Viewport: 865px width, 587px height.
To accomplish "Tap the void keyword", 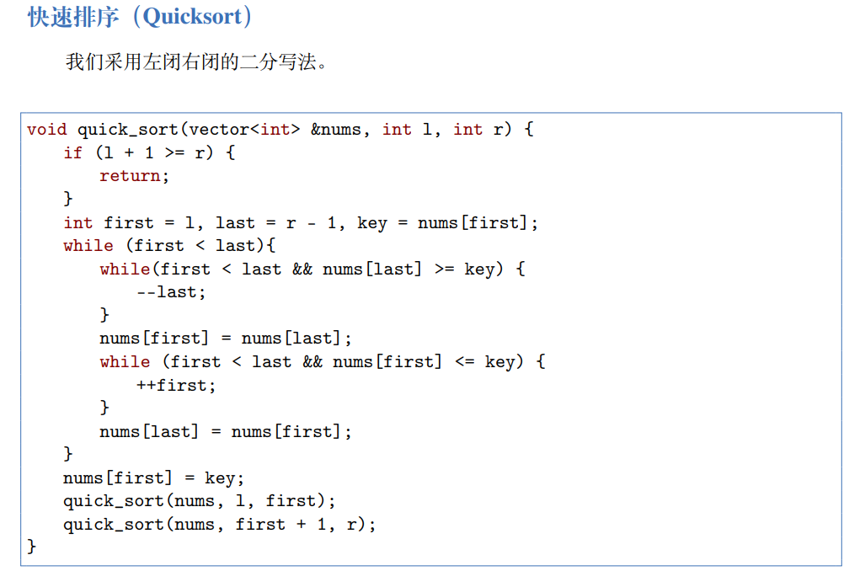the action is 46,130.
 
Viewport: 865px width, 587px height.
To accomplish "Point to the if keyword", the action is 73,153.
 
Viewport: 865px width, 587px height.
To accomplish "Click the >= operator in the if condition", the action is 168,153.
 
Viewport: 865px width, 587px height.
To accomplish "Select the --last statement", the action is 170,292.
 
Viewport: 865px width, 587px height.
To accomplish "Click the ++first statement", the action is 175,386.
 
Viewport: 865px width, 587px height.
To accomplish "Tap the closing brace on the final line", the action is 32,547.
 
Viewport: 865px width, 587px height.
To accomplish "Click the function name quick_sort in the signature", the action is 128,130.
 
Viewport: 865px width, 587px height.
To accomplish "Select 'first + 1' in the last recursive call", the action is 280,525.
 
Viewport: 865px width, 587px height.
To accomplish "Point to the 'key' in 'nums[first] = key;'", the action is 222,478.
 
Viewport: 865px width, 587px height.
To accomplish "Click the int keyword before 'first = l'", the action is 77,223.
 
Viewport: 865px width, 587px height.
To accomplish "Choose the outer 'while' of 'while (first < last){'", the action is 88,246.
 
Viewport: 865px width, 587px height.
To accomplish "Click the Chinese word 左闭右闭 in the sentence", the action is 181,61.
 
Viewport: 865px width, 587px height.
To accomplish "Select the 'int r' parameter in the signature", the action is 478,130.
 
